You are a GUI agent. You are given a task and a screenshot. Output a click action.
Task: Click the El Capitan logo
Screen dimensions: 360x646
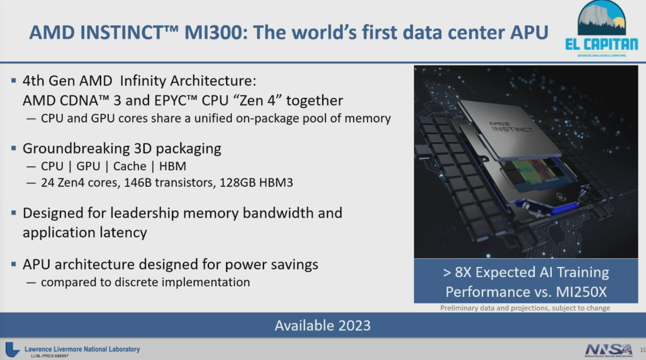pyautogui.click(x=601, y=30)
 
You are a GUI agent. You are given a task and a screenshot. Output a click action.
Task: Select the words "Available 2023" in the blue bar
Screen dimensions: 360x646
pyautogui.click(x=322, y=325)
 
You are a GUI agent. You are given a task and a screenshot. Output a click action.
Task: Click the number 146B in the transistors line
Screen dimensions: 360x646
pyautogui.click(x=136, y=182)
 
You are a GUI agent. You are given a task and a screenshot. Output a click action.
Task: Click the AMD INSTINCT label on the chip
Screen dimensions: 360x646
pyautogui.click(x=510, y=127)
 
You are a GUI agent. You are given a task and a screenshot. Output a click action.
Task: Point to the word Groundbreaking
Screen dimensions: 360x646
pyautogui.click(x=68, y=148)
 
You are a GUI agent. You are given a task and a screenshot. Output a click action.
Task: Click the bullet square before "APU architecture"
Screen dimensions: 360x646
pyautogui.click(x=13, y=264)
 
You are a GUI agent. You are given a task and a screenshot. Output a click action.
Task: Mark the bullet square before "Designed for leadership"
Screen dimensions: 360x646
pyautogui.click(x=13, y=212)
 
